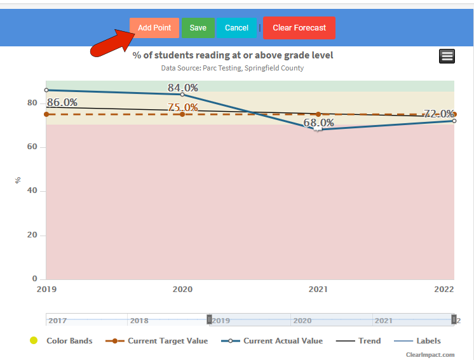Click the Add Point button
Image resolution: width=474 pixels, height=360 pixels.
click(154, 28)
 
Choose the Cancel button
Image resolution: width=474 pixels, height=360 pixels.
click(236, 28)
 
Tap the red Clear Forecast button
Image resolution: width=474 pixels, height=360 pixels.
click(299, 28)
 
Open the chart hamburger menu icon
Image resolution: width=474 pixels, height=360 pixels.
click(447, 56)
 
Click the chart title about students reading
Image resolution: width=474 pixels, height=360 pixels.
click(233, 55)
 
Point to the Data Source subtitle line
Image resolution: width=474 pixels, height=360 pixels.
click(233, 68)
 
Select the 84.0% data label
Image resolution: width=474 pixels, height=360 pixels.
click(183, 88)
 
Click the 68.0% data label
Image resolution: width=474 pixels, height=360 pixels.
click(318, 123)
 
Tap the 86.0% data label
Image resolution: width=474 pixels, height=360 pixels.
click(62, 102)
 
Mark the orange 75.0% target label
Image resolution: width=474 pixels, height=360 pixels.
click(183, 107)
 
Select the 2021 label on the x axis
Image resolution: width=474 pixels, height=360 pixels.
click(318, 289)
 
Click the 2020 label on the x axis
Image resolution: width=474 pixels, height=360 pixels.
click(182, 289)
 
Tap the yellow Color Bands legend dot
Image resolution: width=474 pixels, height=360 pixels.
click(34, 341)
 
